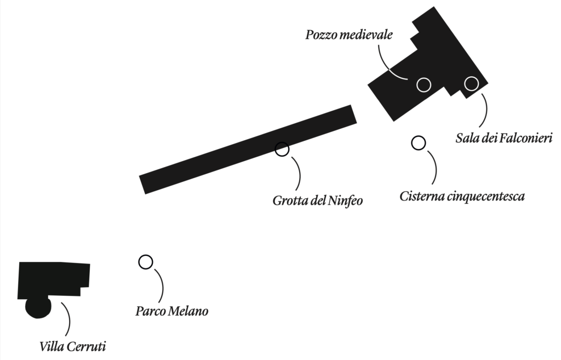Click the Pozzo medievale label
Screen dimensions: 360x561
(349, 36)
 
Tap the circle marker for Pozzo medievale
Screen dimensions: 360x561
(423, 84)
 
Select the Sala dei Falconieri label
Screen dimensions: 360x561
(503, 137)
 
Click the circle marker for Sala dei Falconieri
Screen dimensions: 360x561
(471, 83)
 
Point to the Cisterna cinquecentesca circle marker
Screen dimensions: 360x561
(419, 143)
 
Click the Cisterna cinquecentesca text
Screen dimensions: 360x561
(462, 196)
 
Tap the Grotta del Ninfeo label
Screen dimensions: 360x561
(318, 200)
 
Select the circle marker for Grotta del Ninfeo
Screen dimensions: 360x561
(282, 149)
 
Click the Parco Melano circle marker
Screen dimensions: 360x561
(145, 262)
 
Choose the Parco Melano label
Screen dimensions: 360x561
(171, 312)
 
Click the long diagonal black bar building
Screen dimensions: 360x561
(248, 149)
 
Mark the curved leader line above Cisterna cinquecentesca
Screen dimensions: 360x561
(433, 164)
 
